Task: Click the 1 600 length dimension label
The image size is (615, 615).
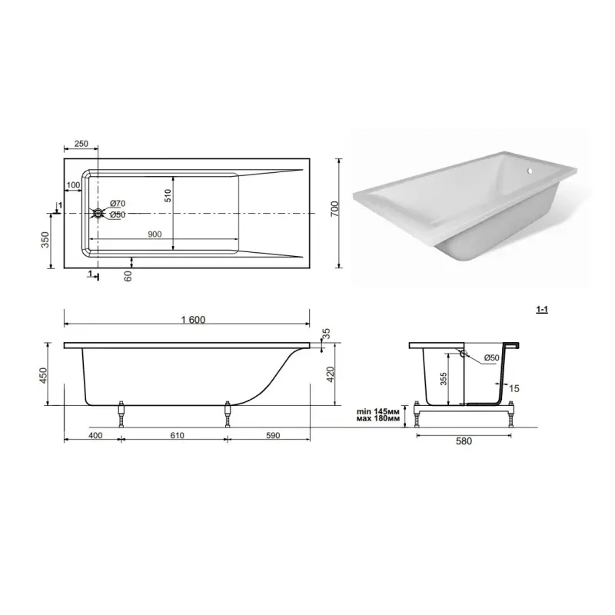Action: coord(193,320)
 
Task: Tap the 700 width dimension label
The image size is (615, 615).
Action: coord(334,208)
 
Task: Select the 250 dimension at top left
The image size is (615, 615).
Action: coord(81,144)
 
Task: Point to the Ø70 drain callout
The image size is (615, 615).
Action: coord(118,203)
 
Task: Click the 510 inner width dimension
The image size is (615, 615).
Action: coord(168,195)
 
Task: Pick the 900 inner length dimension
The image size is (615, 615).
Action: coord(155,234)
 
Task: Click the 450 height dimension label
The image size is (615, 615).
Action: coord(43,375)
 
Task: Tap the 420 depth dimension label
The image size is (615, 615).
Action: coord(330,374)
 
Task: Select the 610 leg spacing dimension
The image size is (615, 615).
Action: coord(178,435)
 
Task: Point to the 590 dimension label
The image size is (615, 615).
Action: coord(273,435)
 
